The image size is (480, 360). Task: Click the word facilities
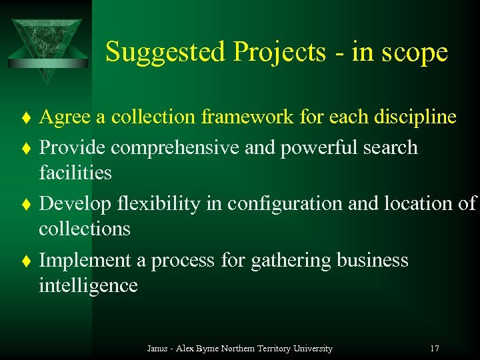pos(75,173)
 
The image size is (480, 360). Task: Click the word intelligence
pos(88,285)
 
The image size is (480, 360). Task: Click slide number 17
pos(434,348)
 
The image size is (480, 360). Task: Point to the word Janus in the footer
pos(157,348)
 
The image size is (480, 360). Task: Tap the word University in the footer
pos(310,348)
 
